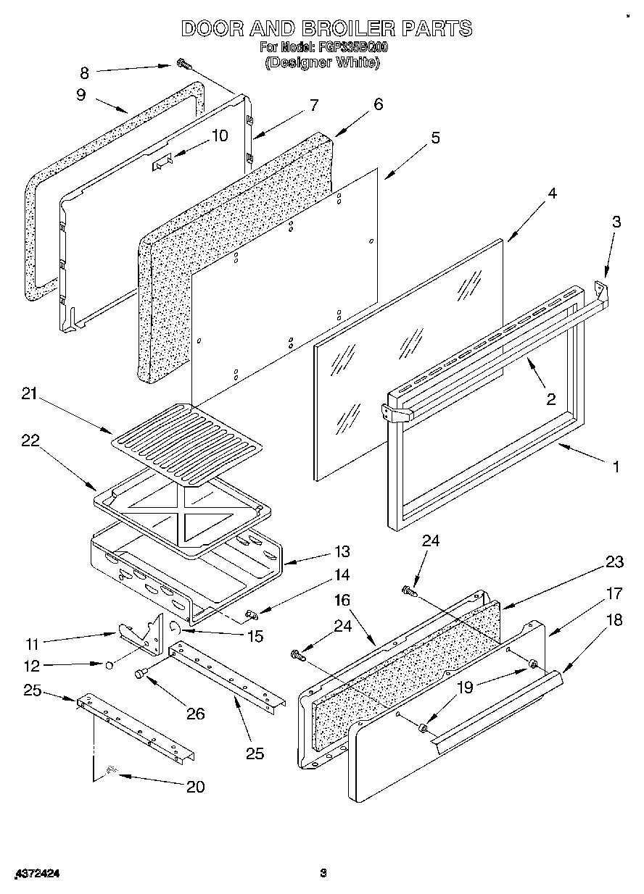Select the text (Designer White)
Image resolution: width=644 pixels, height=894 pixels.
322,63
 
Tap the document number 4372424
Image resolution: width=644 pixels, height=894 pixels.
36,874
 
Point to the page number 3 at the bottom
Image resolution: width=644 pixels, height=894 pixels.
323,874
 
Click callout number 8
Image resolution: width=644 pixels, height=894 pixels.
84,72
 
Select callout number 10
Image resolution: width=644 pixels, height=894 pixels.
220,135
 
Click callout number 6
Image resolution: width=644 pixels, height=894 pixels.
378,104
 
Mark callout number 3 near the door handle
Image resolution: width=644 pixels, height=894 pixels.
616,222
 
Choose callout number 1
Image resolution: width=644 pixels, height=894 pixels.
616,467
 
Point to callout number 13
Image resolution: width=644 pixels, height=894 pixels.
342,552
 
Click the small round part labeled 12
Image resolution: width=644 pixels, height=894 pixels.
108,664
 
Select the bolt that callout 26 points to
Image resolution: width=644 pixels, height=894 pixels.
141,674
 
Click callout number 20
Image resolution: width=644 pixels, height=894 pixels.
196,787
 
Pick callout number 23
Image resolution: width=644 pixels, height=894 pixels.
615,561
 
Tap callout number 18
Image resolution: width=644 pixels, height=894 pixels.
614,620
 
